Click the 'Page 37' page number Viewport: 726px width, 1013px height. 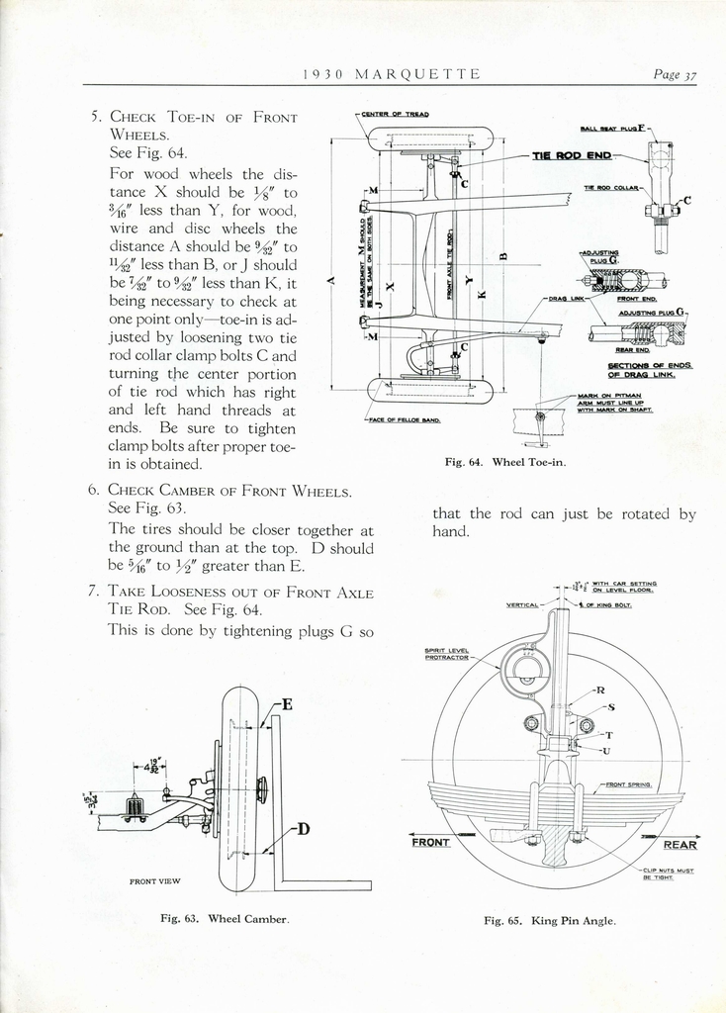tap(676, 74)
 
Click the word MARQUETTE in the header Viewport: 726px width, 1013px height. tap(417, 74)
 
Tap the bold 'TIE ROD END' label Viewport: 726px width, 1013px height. tap(572, 155)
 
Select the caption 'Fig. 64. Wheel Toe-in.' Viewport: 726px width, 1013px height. tap(505, 462)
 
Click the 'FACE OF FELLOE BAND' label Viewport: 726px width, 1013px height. tap(403, 419)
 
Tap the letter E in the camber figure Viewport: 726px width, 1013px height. tap(287, 705)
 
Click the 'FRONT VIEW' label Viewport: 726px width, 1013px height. tap(154, 880)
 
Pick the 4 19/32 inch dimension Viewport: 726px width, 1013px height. tap(153, 765)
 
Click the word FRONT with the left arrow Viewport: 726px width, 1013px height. tap(430, 843)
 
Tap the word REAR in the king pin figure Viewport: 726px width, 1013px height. tap(680, 845)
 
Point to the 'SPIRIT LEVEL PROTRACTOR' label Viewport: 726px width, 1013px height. tap(447, 654)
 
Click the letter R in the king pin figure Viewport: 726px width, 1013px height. tap(600, 690)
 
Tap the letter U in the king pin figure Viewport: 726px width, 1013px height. tap(605, 751)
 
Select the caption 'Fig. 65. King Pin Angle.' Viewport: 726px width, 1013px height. tap(549, 920)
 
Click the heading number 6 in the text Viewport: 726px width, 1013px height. tap(92, 490)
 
